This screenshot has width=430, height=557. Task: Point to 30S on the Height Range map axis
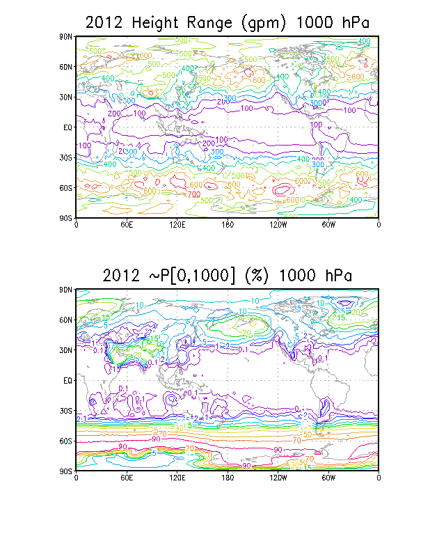click(x=67, y=157)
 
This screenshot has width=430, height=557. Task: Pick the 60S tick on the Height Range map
click(x=67, y=188)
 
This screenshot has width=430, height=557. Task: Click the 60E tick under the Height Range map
click(x=126, y=224)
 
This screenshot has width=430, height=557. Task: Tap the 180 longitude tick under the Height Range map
click(x=227, y=224)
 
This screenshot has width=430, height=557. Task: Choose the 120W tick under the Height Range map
click(x=278, y=224)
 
